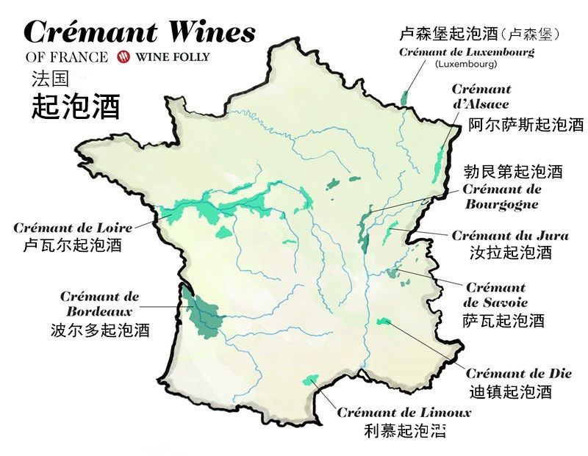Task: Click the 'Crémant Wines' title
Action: click(x=140, y=32)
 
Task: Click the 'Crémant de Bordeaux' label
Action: click(x=99, y=304)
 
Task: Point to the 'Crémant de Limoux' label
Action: click(x=404, y=413)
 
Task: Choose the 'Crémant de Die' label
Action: click(x=518, y=373)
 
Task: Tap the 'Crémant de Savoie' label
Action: click(x=496, y=294)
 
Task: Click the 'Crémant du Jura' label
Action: click(x=510, y=236)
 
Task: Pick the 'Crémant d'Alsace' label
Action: click(x=481, y=96)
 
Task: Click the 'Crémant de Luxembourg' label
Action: click(x=466, y=52)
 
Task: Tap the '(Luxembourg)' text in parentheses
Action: click(x=466, y=64)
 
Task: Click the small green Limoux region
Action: click(x=312, y=378)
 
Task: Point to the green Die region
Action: click(x=382, y=322)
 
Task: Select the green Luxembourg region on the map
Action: click(x=404, y=97)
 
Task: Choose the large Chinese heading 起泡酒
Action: click(x=76, y=107)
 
